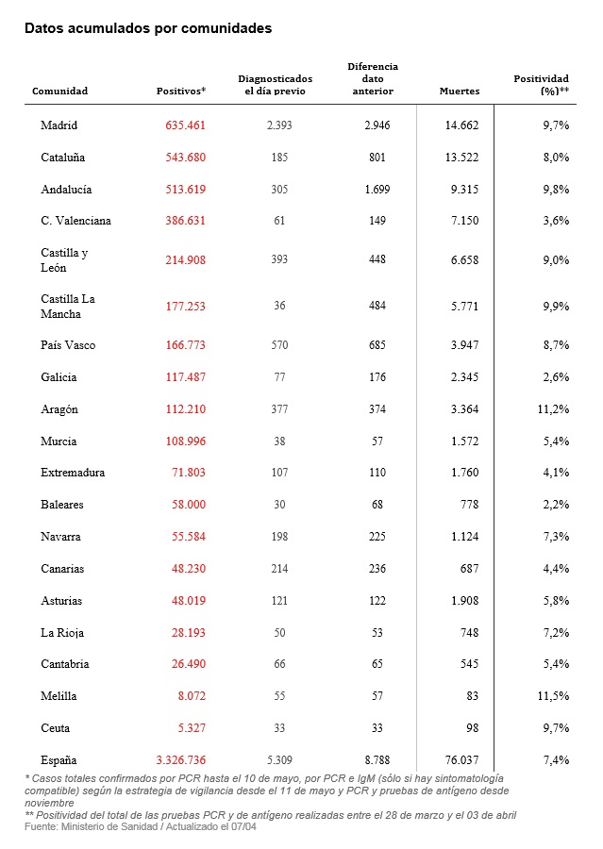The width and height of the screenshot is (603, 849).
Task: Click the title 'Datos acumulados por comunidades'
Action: pos(148,28)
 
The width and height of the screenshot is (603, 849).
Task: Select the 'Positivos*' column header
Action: pos(181,92)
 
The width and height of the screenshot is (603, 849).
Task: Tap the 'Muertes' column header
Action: pos(460,92)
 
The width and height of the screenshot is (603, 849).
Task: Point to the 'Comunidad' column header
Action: pos(59,92)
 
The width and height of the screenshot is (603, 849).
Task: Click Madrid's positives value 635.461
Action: pos(185,125)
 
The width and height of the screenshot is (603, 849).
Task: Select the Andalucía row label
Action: pos(66,190)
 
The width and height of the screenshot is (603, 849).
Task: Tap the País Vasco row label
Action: pos(68,345)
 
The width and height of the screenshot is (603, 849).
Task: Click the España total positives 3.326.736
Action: pos(179,760)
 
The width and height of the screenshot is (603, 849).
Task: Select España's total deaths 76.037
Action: pos(461,760)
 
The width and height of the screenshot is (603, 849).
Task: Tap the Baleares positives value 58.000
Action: pos(188,505)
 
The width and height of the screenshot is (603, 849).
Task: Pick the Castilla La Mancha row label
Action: pos(68,307)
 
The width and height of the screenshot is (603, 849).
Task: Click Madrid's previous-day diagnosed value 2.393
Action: pos(279,125)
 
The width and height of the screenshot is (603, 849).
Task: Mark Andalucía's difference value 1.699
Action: pos(377,190)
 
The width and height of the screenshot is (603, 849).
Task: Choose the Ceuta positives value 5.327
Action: pos(192,728)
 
